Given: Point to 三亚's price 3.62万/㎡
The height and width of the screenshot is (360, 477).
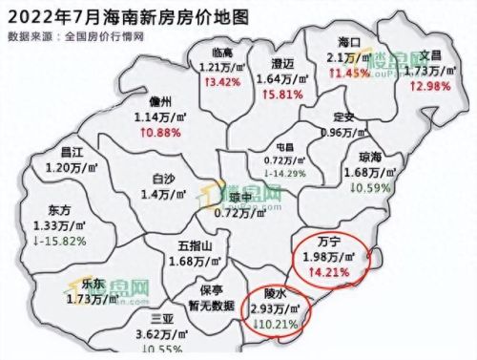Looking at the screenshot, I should [x=159, y=334].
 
